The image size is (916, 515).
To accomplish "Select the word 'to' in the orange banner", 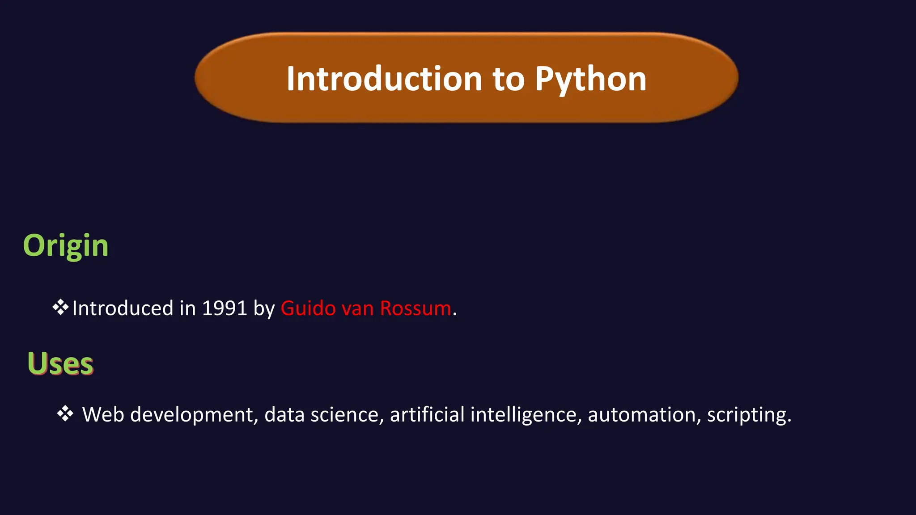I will click(509, 79).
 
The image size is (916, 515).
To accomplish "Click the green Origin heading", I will click(66, 245).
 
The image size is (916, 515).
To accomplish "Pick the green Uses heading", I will click(60, 363).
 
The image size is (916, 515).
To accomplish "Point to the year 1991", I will click(225, 308).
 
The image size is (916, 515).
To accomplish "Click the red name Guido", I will click(308, 308).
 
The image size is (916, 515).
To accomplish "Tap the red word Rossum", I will click(416, 308).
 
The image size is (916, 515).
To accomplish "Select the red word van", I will click(357, 308).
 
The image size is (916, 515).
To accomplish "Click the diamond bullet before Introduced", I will click(60, 308).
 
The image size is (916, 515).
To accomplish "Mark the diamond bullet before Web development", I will click(65, 414).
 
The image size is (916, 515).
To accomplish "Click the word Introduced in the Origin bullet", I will click(123, 308).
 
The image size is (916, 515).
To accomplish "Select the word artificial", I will click(427, 414).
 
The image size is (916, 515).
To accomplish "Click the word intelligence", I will click(526, 414).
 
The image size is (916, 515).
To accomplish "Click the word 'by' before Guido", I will click(264, 308).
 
